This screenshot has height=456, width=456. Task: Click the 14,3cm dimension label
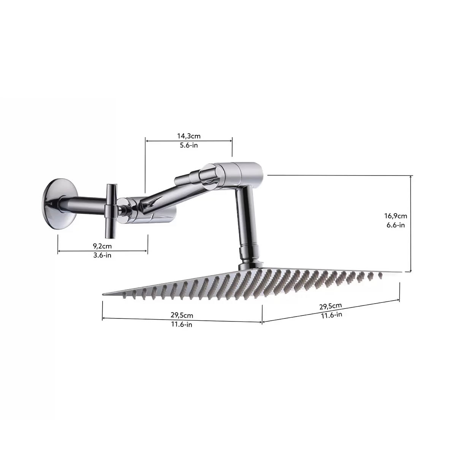189,136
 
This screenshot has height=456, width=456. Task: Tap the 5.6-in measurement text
189,145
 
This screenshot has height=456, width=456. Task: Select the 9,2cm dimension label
102,246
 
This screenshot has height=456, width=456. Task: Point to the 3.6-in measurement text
102,255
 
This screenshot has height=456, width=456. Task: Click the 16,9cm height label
396,216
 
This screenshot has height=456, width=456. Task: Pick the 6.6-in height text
396,225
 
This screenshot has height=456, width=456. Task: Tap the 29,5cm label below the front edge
182,315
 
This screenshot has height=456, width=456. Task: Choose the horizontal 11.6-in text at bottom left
182,325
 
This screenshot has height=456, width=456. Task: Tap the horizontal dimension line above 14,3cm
189,141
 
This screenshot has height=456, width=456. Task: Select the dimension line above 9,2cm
102,251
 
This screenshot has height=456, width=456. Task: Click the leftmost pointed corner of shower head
104,293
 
